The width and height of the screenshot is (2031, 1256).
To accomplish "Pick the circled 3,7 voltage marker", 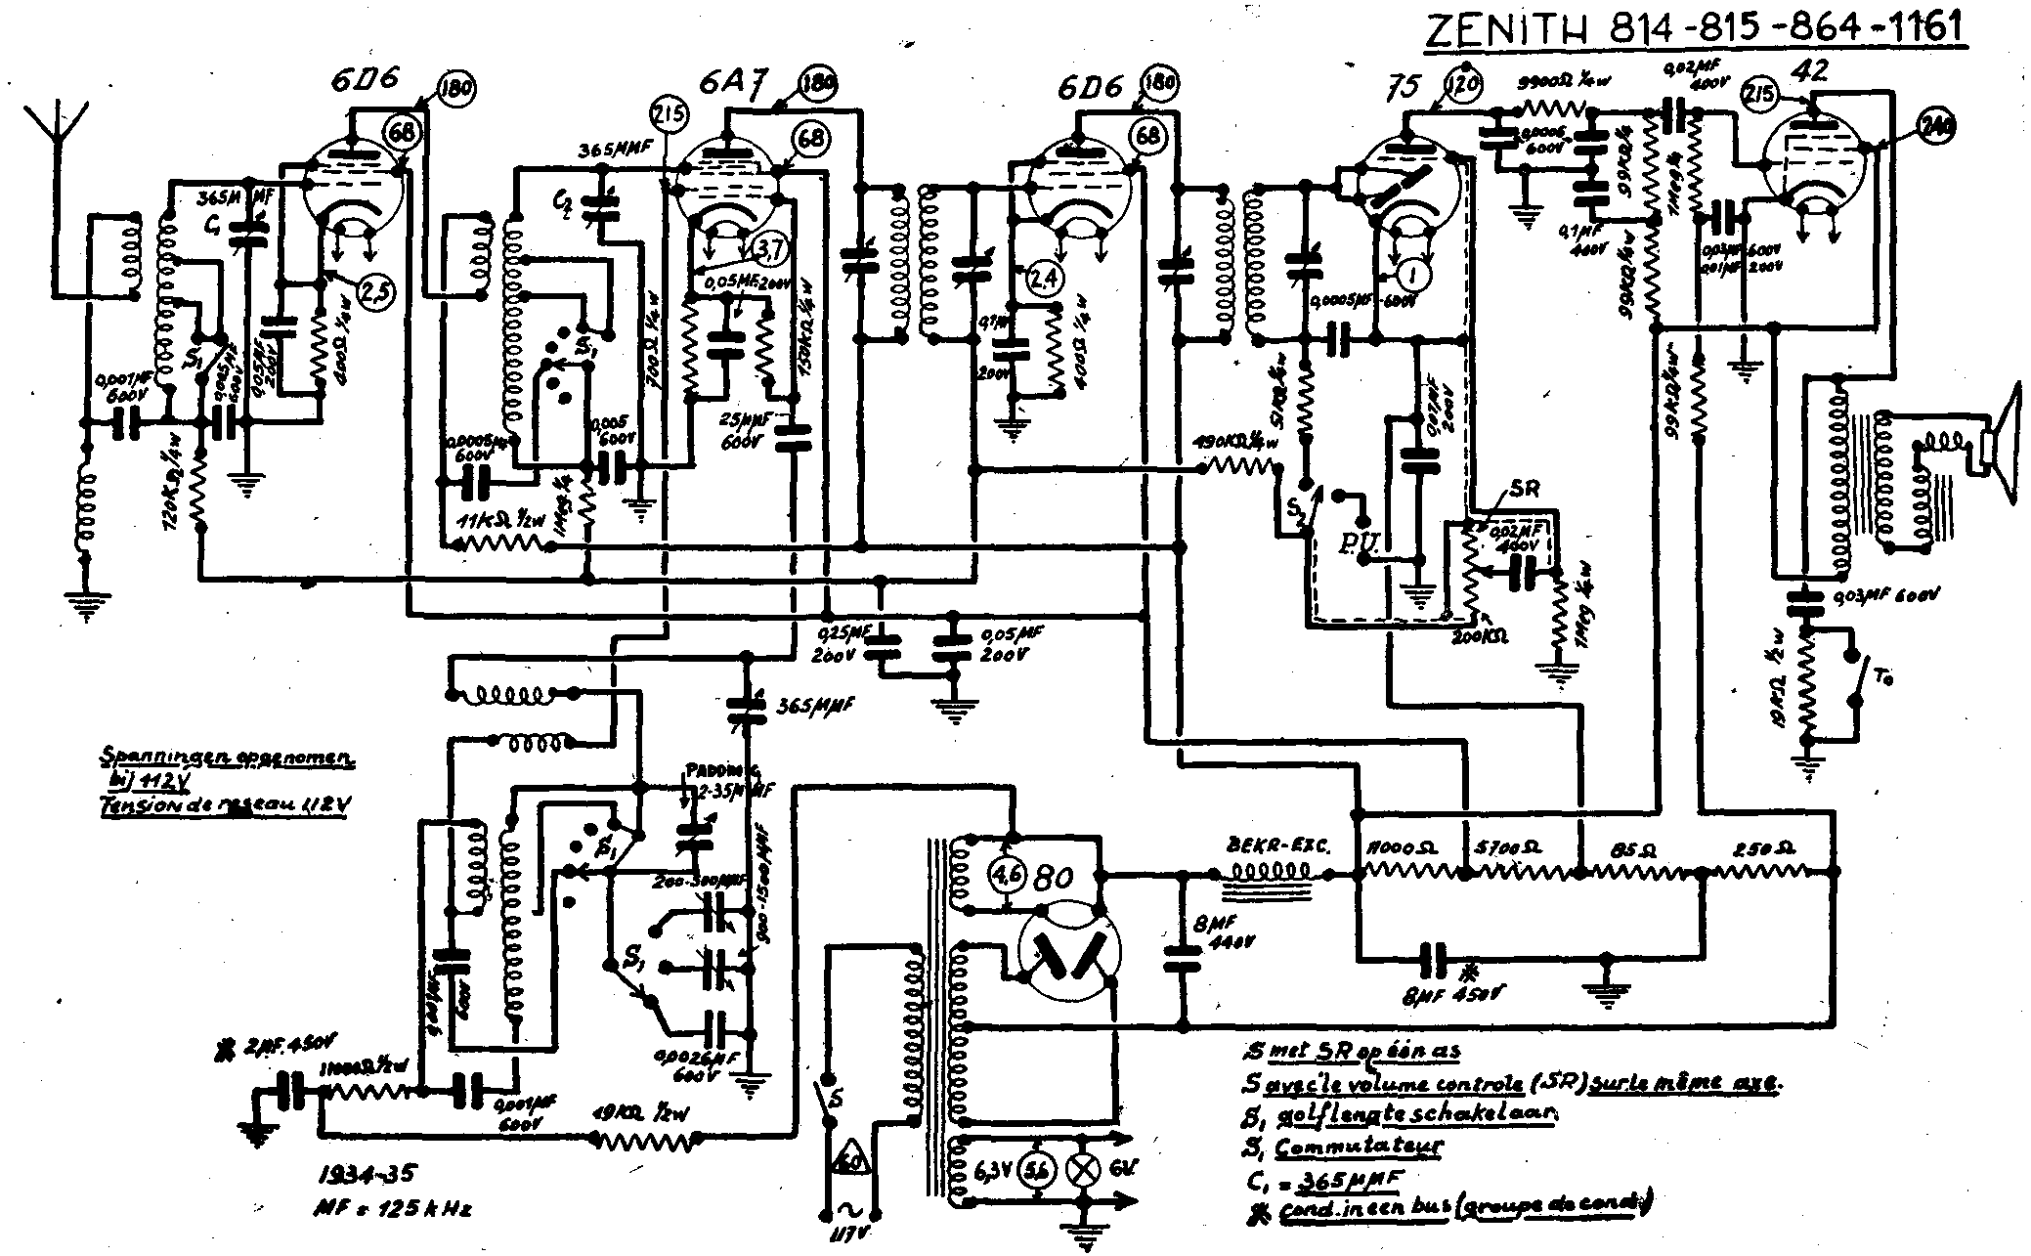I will point(769,250).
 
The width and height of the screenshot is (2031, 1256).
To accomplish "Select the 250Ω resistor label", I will point(1761,846).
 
